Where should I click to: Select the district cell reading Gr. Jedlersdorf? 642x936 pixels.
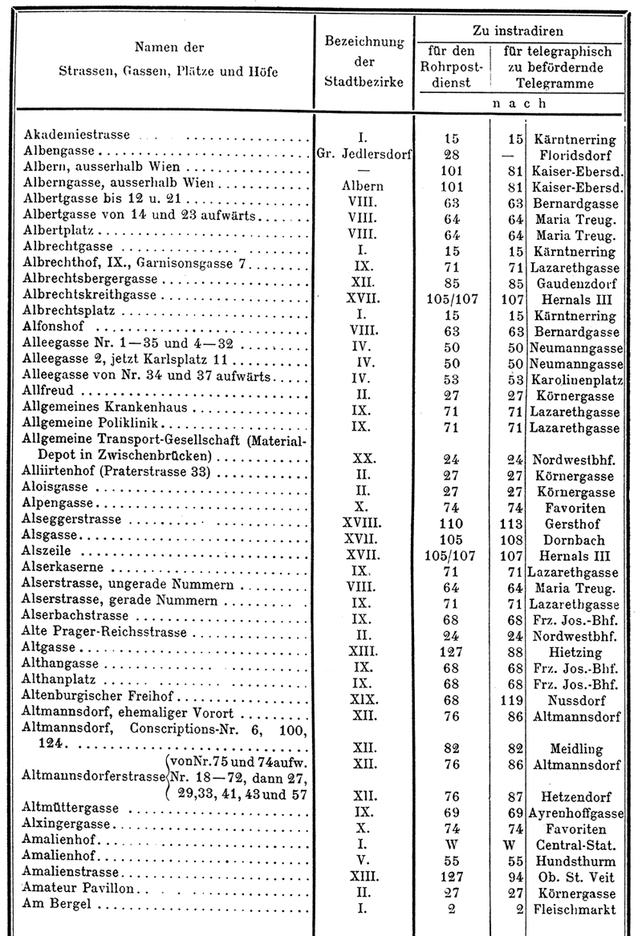click(x=364, y=154)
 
